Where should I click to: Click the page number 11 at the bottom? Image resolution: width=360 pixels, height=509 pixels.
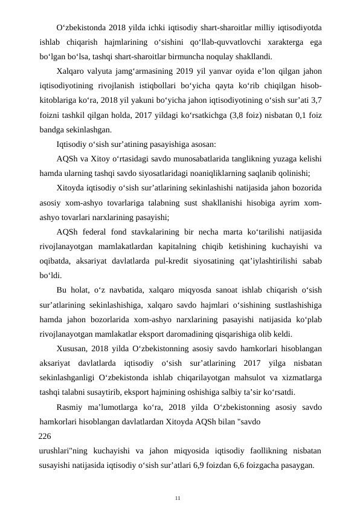tap(178, 498)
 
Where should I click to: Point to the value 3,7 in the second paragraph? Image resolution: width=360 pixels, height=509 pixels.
tap(314, 101)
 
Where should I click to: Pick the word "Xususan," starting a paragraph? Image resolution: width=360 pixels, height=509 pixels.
tap(72, 348)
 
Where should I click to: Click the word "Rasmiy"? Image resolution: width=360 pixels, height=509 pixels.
tap(69, 406)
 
